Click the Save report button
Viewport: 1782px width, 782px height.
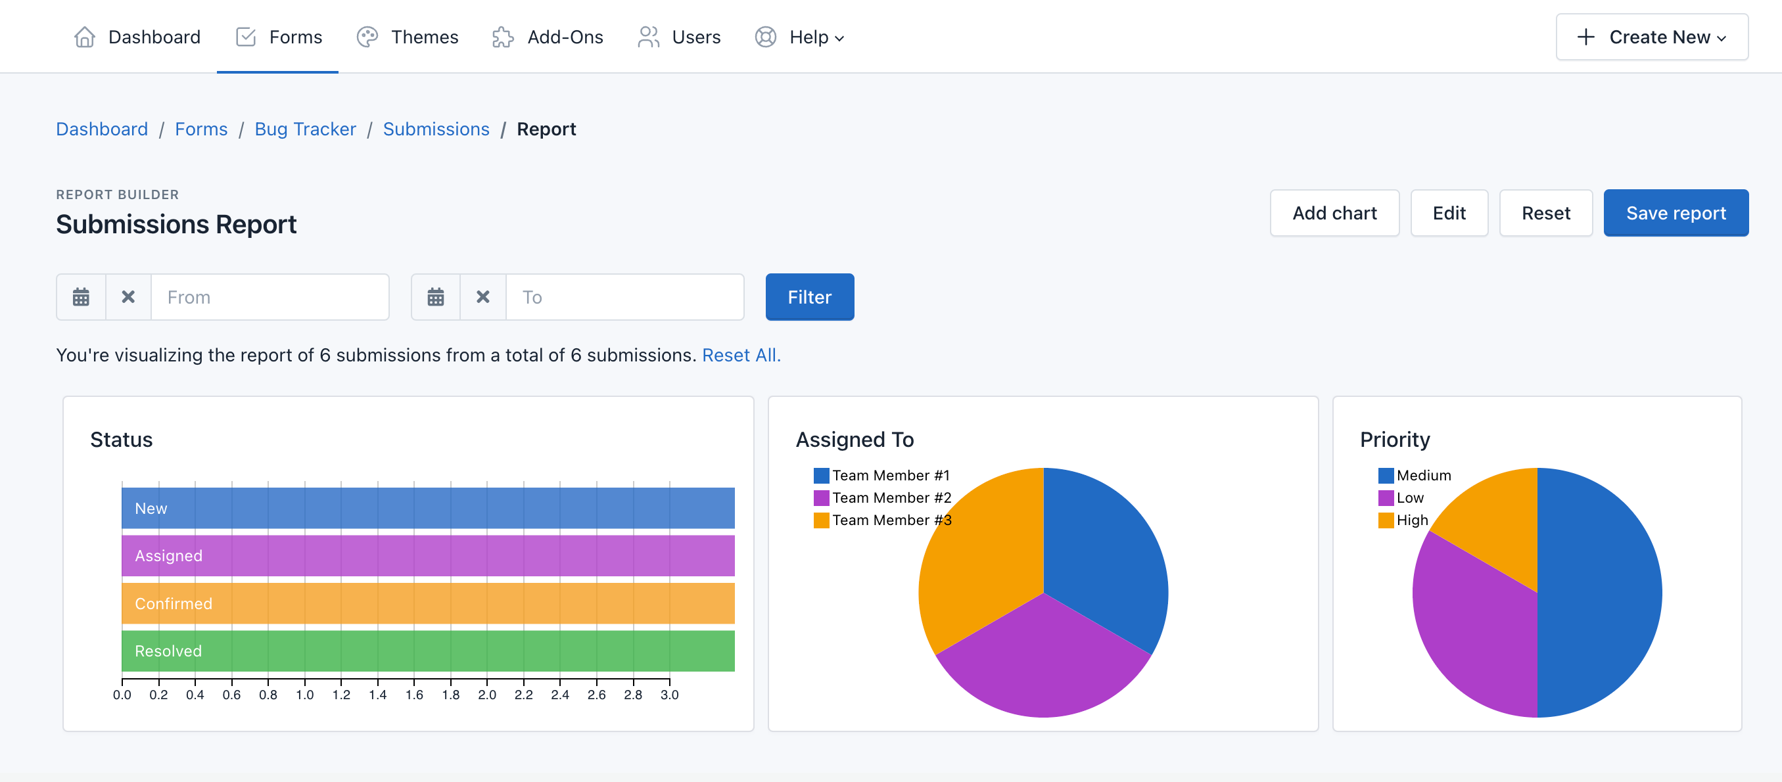pyautogui.click(x=1675, y=213)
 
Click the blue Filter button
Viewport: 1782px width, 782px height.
pyautogui.click(x=809, y=297)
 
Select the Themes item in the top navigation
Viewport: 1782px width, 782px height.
pyautogui.click(x=408, y=37)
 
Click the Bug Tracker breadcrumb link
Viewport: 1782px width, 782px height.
pyautogui.click(x=305, y=129)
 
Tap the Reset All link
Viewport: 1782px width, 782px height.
pyautogui.click(x=740, y=356)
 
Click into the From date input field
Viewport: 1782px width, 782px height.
pyautogui.click(x=270, y=297)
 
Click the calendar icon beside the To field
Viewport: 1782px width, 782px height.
pyautogui.click(x=435, y=297)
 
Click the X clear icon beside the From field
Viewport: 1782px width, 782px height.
pyautogui.click(x=128, y=297)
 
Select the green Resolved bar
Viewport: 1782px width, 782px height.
pyautogui.click(x=427, y=651)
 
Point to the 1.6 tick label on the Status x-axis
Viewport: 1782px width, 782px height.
pyautogui.click(x=413, y=695)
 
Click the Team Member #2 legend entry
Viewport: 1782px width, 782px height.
pyautogui.click(x=883, y=498)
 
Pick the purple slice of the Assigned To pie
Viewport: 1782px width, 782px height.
pyautogui.click(x=1043, y=664)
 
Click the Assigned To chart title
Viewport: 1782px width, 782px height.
pyautogui.click(x=855, y=440)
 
